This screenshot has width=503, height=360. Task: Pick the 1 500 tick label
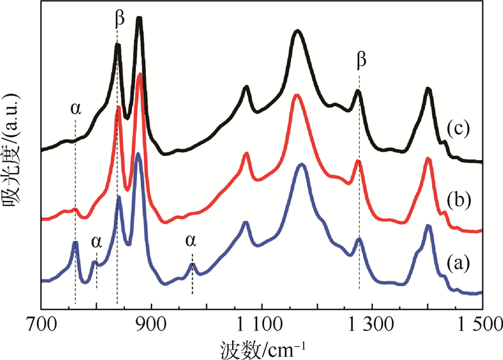click(482, 325)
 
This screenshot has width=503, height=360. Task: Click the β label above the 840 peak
click(119, 19)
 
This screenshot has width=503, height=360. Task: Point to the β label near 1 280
click(360, 60)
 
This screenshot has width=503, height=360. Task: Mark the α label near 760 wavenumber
click(75, 108)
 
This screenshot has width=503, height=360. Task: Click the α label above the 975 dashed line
click(191, 240)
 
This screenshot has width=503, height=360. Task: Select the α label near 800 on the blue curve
click(96, 241)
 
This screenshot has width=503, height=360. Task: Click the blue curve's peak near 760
click(75, 242)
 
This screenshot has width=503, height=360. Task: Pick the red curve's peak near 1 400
click(428, 158)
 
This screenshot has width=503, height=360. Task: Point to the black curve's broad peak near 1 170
click(298, 31)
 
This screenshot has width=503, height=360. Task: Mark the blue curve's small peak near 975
click(192, 265)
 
